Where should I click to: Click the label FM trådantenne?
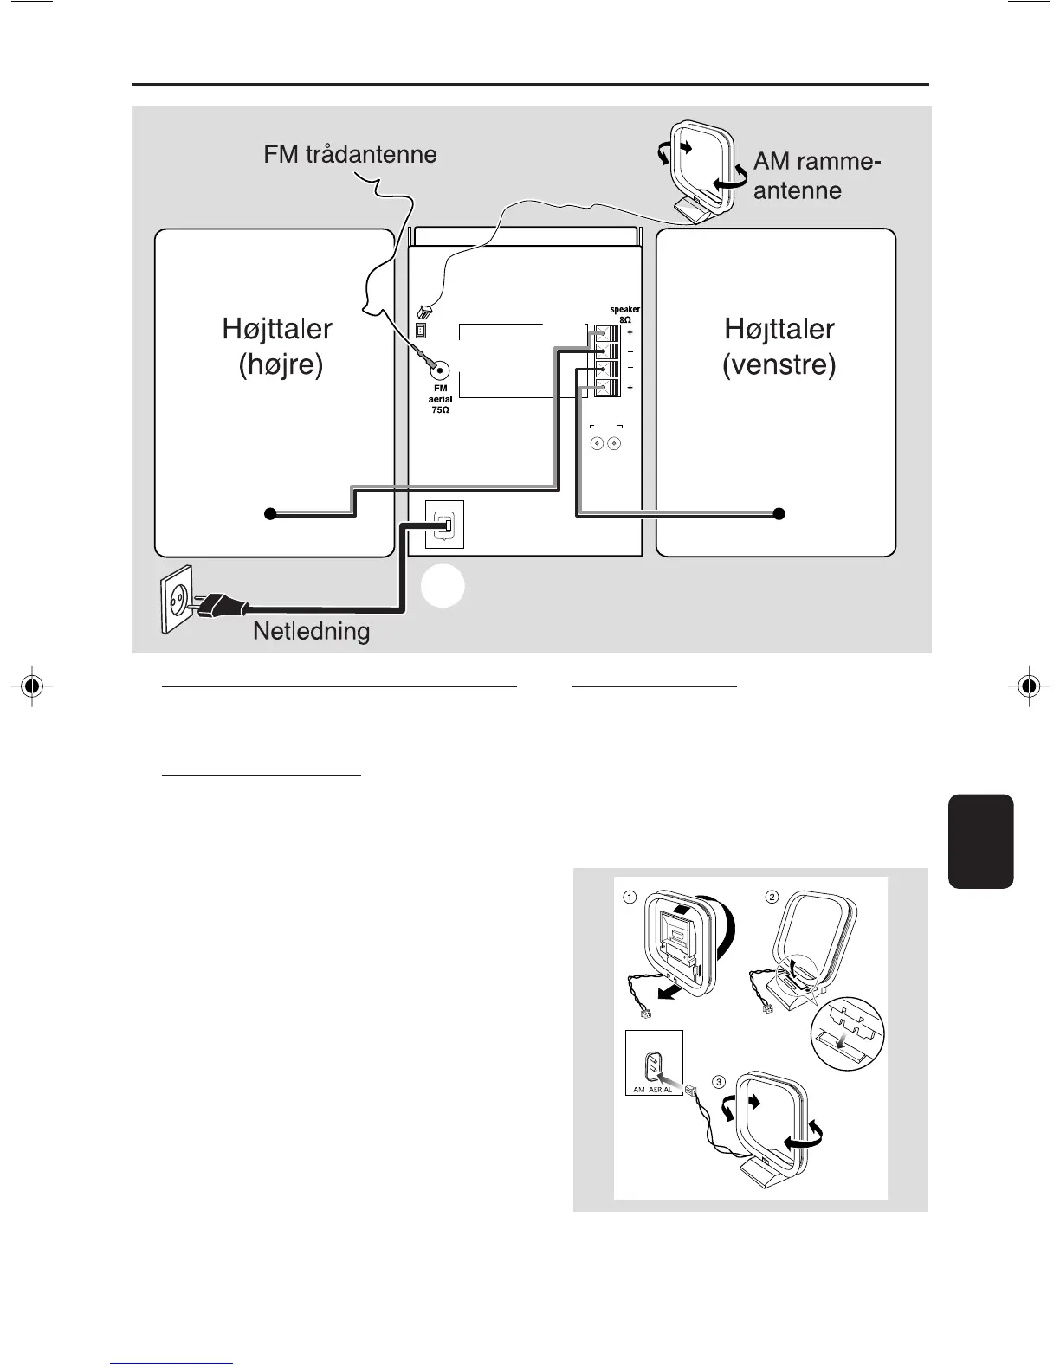click(350, 155)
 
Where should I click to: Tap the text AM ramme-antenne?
click(817, 176)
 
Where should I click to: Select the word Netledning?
click(311, 631)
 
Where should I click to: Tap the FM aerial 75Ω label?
click(440, 399)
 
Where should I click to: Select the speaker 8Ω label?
click(624, 314)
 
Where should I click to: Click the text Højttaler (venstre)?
click(779, 346)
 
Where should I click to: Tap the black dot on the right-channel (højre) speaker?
click(270, 514)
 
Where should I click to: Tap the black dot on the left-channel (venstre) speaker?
click(779, 514)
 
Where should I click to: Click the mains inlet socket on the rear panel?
click(445, 525)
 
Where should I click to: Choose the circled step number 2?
click(772, 897)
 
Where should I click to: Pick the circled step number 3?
click(719, 1081)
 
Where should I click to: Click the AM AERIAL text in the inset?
click(653, 1090)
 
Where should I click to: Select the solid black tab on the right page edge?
click(980, 840)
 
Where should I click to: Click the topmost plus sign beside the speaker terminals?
click(630, 332)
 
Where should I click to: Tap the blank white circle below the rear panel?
click(443, 586)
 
